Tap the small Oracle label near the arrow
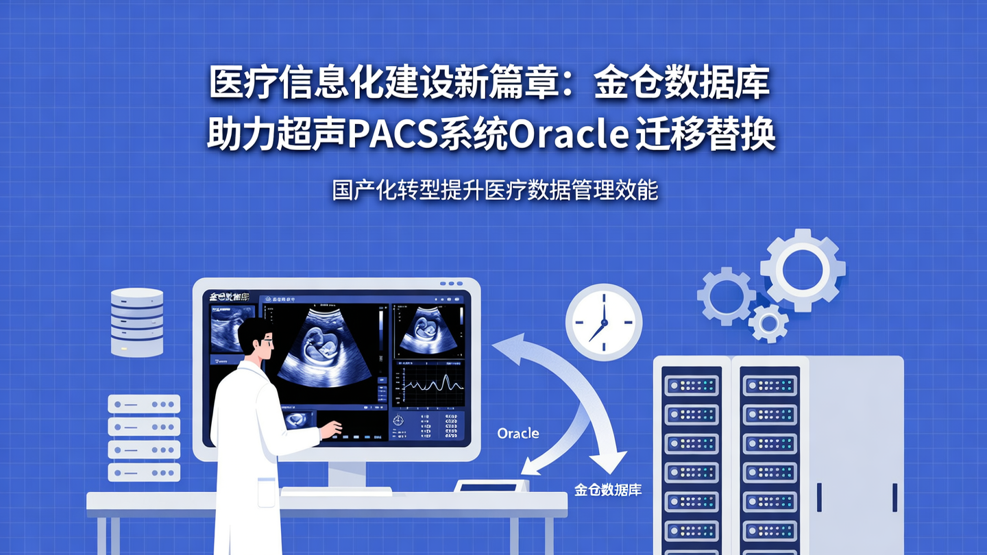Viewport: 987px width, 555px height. pyautogui.click(x=517, y=433)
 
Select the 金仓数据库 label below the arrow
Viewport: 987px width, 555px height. pyautogui.click(x=607, y=491)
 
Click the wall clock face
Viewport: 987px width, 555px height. pyautogui.click(x=603, y=322)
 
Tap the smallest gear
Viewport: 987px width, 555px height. pyautogui.click(x=768, y=322)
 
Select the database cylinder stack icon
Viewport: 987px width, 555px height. pyautogui.click(x=137, y=321)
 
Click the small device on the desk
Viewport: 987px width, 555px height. pyautogui.click(x=491, y=485)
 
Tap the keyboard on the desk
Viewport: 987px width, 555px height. pyautogui.click(x=336, y=491)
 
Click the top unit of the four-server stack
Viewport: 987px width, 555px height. pyautogui.click(x=144, y=404)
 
